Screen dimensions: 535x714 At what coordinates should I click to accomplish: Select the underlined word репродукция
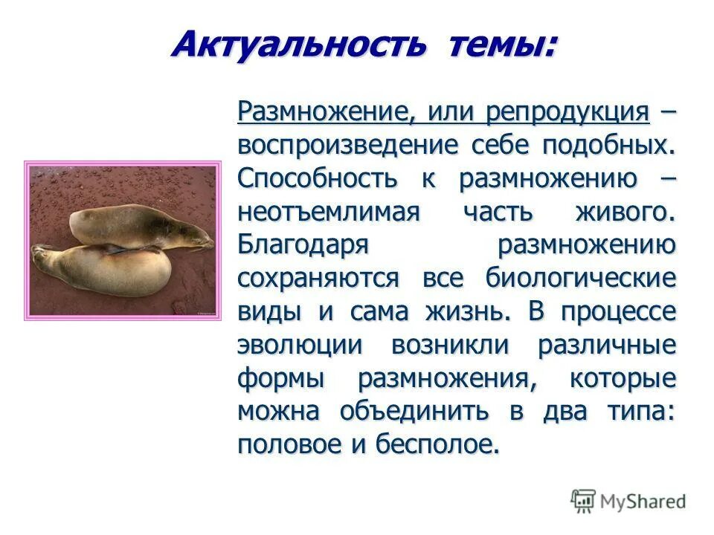(568, 112)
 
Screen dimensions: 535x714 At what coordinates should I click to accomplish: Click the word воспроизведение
(350, 145)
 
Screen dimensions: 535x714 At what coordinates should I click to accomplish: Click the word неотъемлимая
(329, 212)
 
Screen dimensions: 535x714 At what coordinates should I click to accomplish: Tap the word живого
(625, 212)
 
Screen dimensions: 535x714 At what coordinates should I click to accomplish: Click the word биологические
(581, 279)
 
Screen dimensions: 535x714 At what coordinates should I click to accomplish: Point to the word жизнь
(467, 312)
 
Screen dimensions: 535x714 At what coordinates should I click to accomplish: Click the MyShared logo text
(643, 502)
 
